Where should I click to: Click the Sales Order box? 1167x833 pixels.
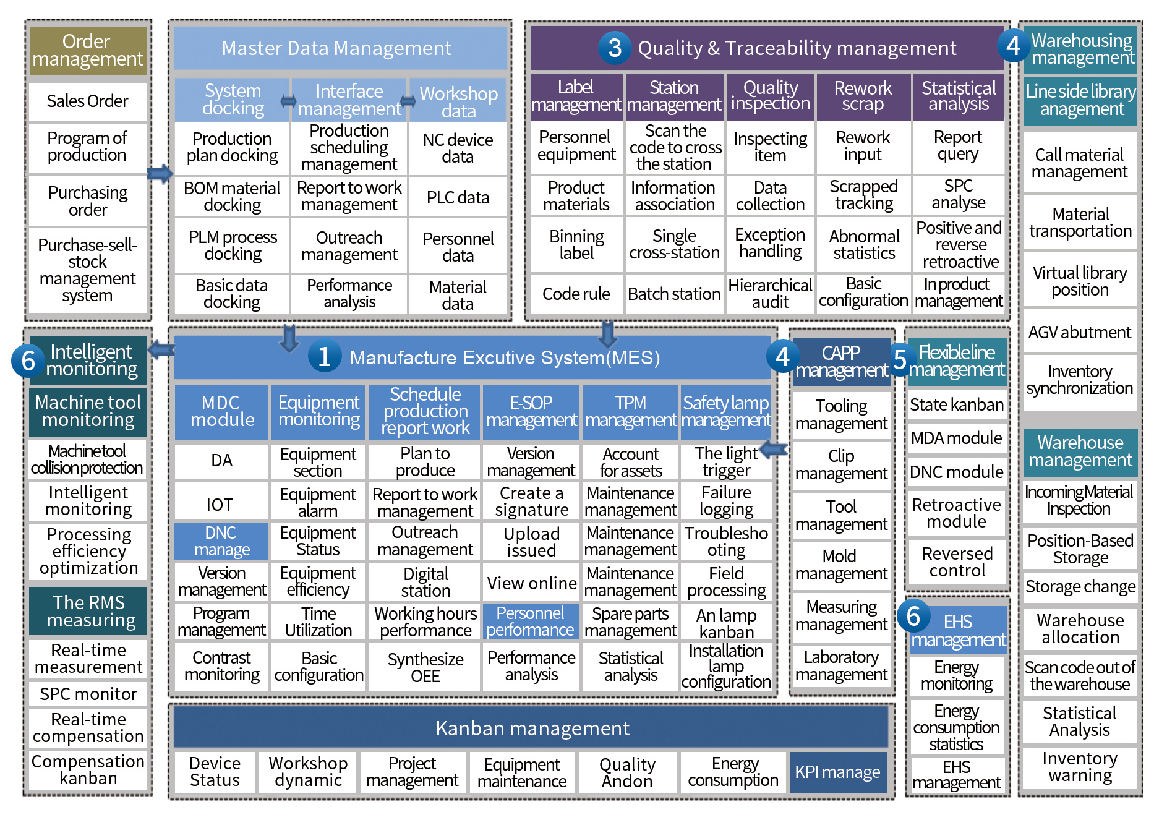(88, 101)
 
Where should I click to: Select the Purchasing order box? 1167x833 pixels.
(88, 201)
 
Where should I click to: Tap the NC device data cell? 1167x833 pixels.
(458, 148)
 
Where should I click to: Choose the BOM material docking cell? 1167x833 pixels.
(232, 197)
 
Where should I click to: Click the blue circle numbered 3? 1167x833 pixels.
(614, 48)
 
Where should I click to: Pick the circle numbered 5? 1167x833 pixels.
(900, 359)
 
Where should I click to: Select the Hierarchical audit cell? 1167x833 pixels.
(770, 293)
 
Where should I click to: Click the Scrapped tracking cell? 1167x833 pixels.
(864, 195)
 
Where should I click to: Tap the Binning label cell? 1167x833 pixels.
(576, 245)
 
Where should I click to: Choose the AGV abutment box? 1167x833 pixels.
(1080, 332)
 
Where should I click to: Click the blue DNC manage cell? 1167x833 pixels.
(221, 541)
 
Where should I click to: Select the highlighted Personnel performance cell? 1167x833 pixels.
(531, 622)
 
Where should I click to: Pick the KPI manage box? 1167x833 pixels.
(838, 772)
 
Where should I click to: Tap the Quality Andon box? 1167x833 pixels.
(628, 772)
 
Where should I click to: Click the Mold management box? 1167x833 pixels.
(841, 565)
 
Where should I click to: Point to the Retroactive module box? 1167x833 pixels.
(957, 513)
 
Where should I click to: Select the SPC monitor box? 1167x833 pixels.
(88, 694)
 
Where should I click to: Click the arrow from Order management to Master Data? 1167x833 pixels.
(160, 173)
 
